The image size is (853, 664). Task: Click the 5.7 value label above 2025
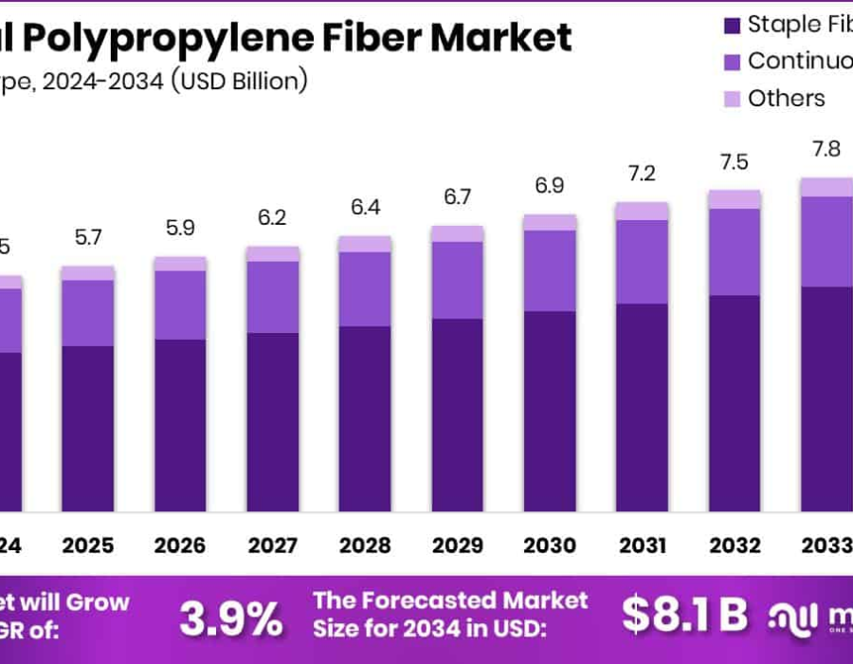click(87, 238)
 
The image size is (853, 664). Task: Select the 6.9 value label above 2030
click(550, 186)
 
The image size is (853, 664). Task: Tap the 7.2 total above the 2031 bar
click(642, 174)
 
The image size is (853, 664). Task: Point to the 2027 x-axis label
click(273, 546)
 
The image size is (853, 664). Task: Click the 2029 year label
click(458, 546)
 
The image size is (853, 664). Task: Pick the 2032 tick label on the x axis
click(735, 546)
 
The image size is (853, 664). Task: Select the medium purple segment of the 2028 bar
click(365, 289)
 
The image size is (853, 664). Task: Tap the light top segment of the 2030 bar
click(550, 222)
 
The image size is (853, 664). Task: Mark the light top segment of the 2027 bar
click(273, 253)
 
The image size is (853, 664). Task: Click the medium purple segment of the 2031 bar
click(642, 262)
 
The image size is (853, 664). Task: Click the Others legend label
click(786, 99)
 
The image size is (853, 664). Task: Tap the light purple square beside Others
click(731, 99)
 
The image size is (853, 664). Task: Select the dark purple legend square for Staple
click(731, 25)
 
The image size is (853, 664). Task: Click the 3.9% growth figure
click(231, 618)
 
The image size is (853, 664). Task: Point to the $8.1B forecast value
click(684, 615)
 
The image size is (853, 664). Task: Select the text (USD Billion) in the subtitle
click(239, 81)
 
